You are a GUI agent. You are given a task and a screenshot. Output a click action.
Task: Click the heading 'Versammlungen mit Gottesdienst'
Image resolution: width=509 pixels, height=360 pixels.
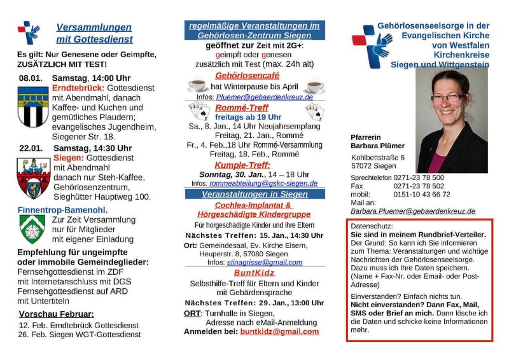(94, 33)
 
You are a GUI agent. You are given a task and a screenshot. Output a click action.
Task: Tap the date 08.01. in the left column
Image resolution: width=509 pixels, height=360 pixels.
(30, 78)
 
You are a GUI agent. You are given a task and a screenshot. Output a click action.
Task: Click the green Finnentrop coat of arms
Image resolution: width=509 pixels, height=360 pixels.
(32, 228)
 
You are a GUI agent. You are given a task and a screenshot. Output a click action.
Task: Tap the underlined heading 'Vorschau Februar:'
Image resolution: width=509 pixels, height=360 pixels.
(57, 314)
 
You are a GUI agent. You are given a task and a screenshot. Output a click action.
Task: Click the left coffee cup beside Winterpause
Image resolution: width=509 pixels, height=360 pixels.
(197, 86)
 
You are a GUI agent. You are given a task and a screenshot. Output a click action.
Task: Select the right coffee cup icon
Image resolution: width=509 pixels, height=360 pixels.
(313, 86)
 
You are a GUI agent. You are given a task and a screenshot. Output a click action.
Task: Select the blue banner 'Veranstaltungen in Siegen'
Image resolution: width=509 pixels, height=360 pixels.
(254, 193)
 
